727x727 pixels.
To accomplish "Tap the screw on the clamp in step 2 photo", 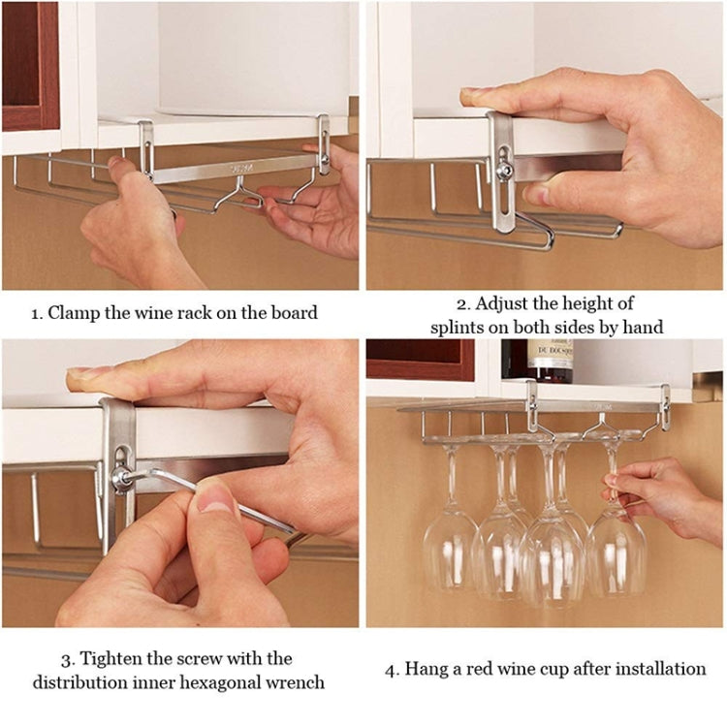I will tap(504, 170).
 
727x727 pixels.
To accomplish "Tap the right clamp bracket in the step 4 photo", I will tap(665, 407).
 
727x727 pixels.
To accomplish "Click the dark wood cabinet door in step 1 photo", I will tap(30, 63).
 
